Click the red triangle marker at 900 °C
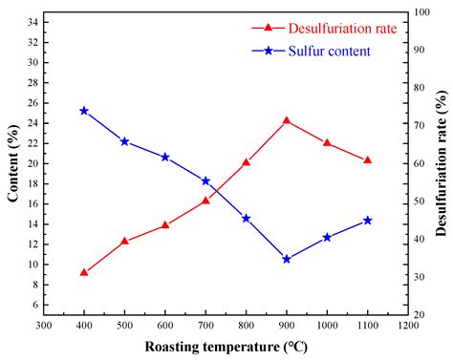(287, 121)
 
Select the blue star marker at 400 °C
(84, 111)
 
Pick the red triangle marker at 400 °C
(84, 272)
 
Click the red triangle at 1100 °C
(368, 160)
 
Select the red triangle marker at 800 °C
(247, 162)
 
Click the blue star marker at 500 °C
(124, 141)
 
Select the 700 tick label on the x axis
(205, 326)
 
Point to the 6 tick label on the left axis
(34, 305)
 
